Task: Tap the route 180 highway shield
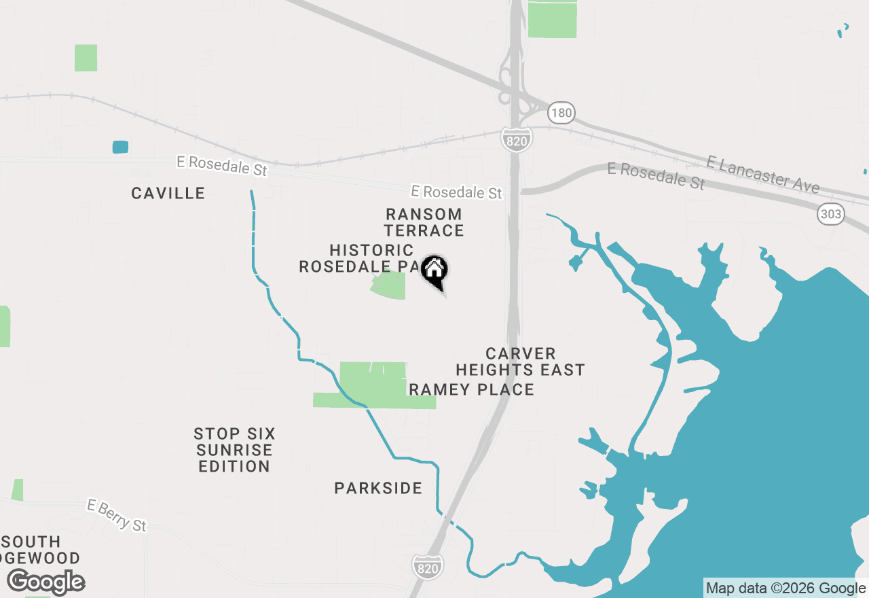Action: [561, 112]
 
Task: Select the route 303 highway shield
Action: [831, 215]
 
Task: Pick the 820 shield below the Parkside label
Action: [428, 566]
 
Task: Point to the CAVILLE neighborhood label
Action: [168, 194]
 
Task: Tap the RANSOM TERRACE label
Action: [424, 223]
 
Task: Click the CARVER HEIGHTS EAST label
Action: [520, 362]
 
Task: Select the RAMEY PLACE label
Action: [471, 389]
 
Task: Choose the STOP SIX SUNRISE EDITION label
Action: [234, 450]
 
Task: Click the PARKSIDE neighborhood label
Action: [378, 488]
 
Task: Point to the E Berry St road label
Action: [117, 515]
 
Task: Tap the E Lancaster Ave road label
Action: [762, 174]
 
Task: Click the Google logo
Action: [46, 582]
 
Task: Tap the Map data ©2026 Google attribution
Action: [785, 588]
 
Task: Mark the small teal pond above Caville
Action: [120, 147]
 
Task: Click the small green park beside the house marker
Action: [390, 286]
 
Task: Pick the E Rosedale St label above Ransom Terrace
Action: [456, 193]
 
